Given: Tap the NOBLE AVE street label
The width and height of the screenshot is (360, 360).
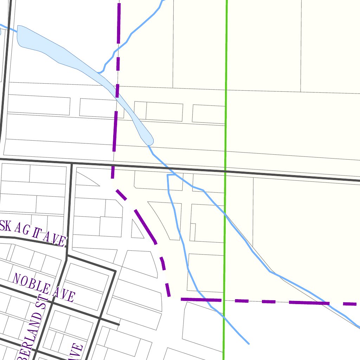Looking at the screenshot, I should click(44, 287).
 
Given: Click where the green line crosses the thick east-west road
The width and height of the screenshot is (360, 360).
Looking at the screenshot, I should click(225, 172).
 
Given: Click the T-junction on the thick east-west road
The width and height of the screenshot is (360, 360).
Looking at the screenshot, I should click(72, 163).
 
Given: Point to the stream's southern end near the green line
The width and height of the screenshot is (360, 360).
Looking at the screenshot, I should click(248, 343).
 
